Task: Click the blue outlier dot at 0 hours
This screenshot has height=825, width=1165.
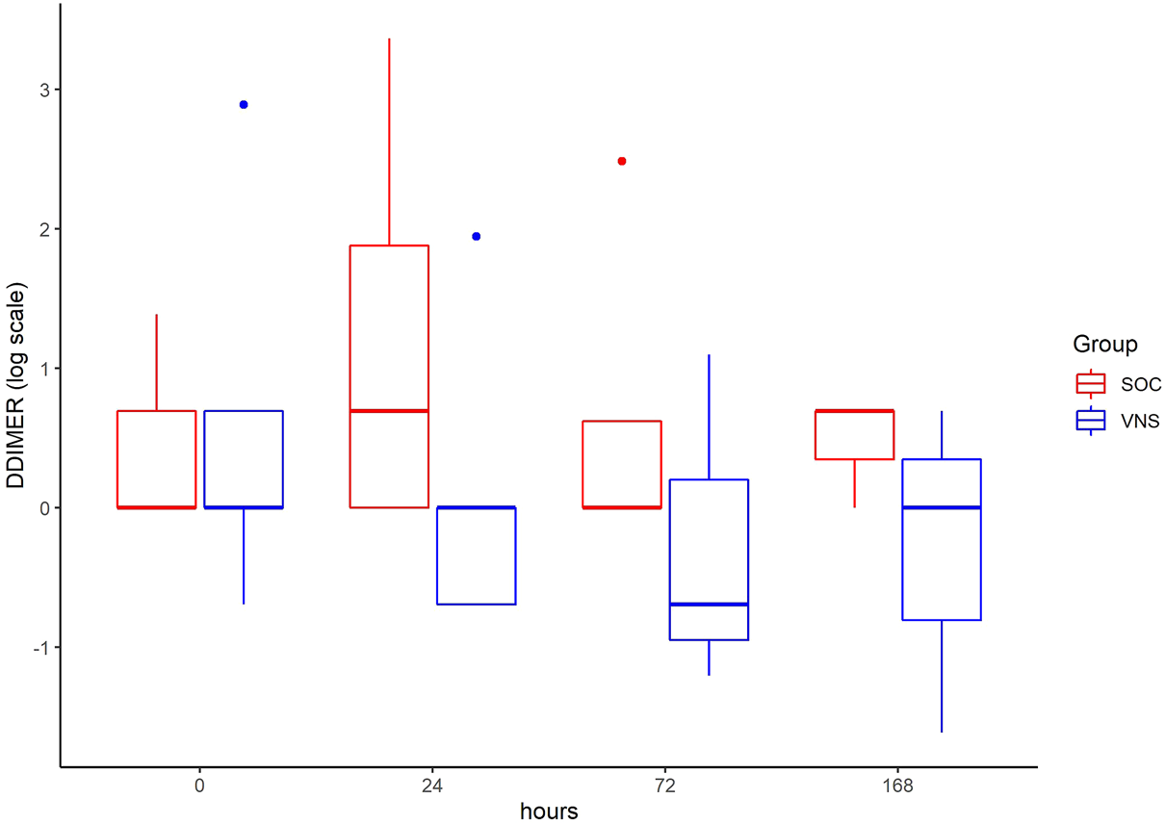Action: [x=244, y=105]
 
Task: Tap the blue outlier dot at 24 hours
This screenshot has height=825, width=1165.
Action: [x=476, y=236]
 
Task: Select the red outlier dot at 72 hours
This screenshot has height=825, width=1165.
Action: [x=622, y=161]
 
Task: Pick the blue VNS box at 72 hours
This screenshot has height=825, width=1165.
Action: [x=709, y=559]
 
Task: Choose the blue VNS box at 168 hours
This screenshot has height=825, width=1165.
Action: [x=941, y=539]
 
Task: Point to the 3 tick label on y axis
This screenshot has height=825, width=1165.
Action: [x=43, y=90]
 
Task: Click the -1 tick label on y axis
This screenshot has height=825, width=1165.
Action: [x=40, y=647]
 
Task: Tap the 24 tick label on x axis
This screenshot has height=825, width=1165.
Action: [x=432, y=786]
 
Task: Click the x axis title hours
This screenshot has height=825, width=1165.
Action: [x=549, y=812]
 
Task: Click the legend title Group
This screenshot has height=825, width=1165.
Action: [x=1105, y=344]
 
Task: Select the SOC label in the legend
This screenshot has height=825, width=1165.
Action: [x=1141, y=383]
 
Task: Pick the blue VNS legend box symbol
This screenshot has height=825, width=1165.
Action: [x=1090, y=420]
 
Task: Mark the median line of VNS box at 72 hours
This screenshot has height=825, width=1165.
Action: [x=709, y=605]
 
